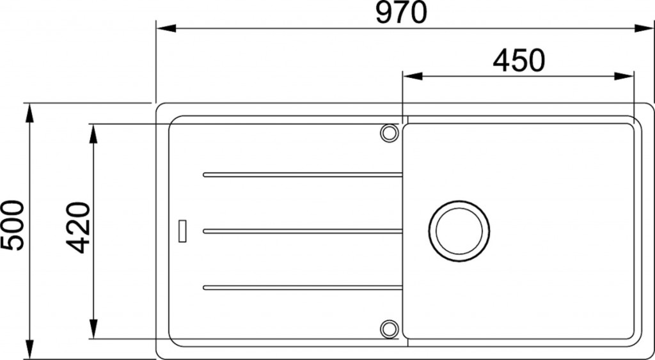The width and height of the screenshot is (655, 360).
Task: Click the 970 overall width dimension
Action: tap(401, 13)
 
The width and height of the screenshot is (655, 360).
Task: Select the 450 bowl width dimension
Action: tap(518, 61)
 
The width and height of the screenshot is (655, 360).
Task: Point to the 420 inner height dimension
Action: tap(78, 227)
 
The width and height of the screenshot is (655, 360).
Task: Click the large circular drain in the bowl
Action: tap(459, 231)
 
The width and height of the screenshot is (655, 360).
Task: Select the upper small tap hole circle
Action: tap(388, 133)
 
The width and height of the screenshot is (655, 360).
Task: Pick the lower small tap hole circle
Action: tap(388, 328)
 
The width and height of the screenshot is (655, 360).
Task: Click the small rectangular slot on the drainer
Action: tap(182, 231)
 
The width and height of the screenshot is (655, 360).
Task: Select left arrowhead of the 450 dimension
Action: tap(411, 76)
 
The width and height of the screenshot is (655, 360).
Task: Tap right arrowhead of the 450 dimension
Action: tap(624, 76)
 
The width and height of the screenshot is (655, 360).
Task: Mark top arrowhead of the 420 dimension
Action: tap(93, 134)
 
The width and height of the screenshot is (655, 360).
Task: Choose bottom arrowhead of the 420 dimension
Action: tap(93, 329)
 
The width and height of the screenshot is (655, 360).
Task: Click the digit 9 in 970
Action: tap(383, 13)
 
